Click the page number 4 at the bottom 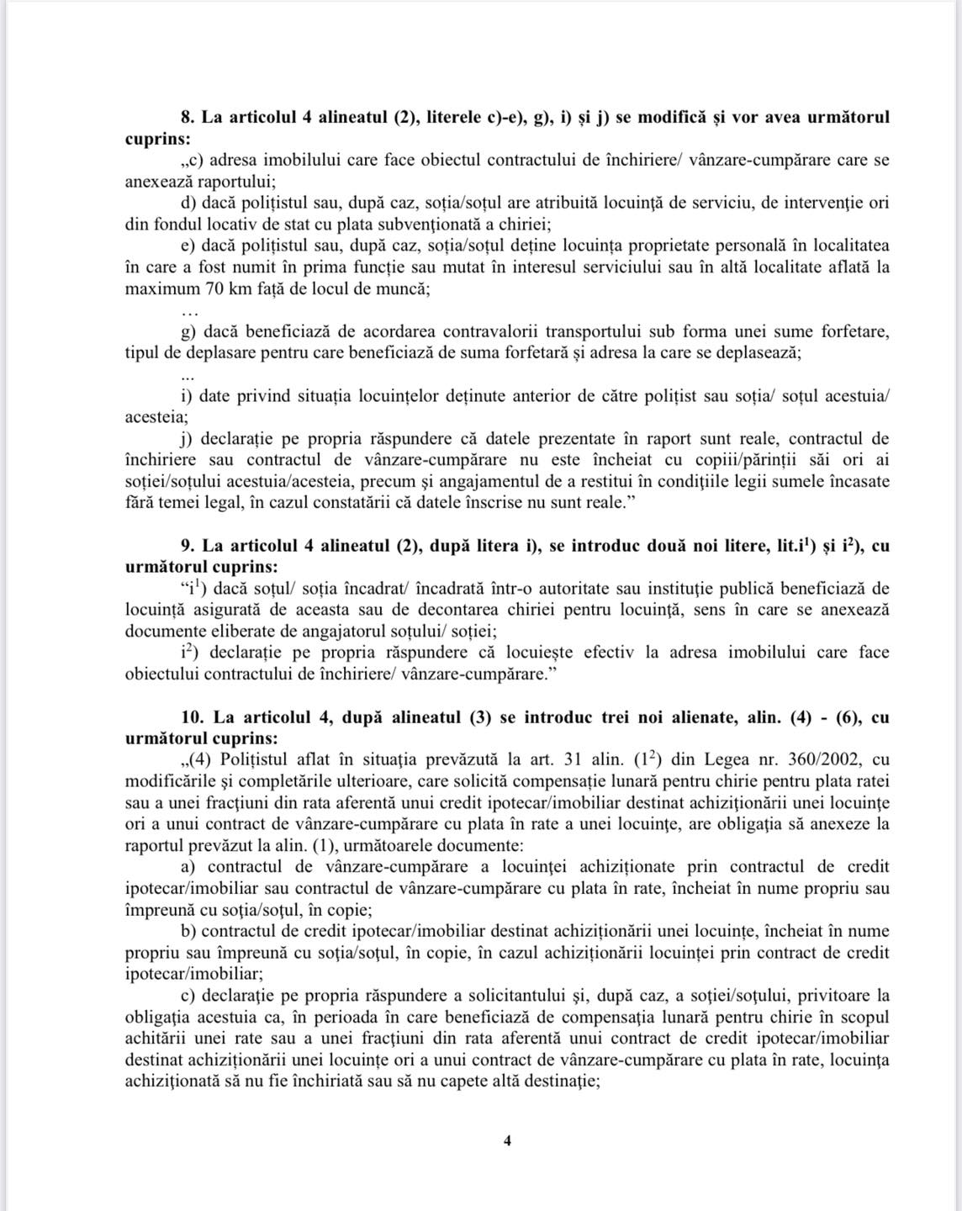507,1140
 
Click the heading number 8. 187,117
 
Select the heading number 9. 187,546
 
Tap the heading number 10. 193,717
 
